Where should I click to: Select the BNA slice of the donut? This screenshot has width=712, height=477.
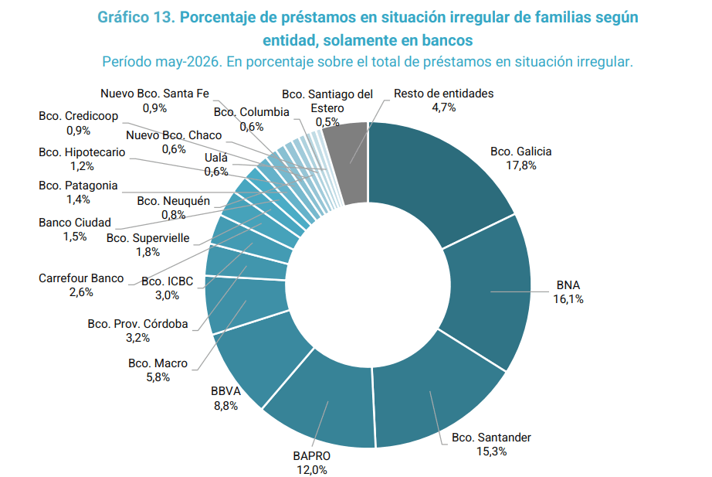point(488,291)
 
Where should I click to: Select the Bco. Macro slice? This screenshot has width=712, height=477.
point(246,302)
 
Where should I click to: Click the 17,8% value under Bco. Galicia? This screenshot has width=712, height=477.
point(520,165)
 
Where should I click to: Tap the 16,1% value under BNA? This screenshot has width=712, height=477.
point(568,298)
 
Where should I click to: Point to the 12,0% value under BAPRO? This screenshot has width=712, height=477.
point(312,469)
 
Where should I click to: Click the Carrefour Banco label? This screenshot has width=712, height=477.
point(81,278)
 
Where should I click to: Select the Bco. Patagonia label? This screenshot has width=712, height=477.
point(78,185)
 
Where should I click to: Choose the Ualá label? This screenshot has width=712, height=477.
point(216,158)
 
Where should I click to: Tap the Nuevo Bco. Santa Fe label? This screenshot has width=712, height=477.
point(155,94)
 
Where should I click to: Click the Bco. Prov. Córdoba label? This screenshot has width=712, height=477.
point(137,323)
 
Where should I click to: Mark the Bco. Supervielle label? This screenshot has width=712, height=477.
point(148,238)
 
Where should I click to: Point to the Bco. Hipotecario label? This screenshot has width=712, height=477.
point(82,152)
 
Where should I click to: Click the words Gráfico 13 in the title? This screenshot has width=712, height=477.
point(136,17)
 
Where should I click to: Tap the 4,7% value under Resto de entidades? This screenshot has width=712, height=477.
point(443,107)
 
